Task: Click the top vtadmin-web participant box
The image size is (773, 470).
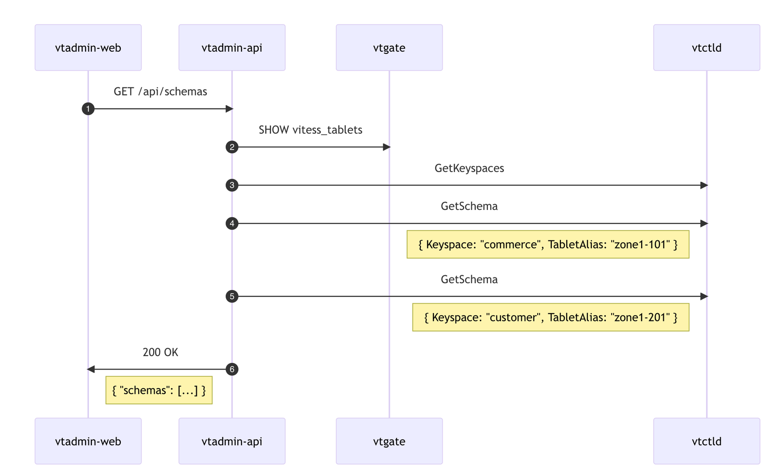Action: [x=88, y=48]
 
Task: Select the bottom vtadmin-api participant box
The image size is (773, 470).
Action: [x=232, y=441]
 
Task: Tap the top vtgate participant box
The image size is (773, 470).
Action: [x=389, y=48]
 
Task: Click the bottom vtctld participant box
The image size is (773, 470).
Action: [x=706, y=441]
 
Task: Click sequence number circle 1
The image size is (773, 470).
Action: [x=88, y=109]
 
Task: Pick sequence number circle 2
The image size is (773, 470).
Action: [x=232, y=147]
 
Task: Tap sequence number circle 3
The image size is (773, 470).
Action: [x=232, y=185]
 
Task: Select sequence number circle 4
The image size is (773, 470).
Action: [x=232, y=223]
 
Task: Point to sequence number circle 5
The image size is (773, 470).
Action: [x=232, y=296]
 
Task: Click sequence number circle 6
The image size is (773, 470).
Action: [x=232, y=369]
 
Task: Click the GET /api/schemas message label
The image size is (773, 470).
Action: [x=160, y=92]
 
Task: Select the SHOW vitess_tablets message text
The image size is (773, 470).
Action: [x=310, y=130]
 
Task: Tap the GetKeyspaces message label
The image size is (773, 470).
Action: [x=469, y=168]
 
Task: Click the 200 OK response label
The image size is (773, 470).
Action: [x=160, y=352]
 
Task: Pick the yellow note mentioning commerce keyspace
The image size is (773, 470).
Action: [x=548, y=245]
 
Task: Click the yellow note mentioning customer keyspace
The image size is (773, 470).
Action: [x=551, y=318]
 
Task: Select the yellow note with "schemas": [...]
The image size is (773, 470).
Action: [x=159, y=390]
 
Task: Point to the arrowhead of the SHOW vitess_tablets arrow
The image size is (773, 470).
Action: [x=386, y=147]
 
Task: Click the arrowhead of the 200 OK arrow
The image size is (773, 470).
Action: [x=91, y=369]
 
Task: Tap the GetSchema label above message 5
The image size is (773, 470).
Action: [x=469, y=279]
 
